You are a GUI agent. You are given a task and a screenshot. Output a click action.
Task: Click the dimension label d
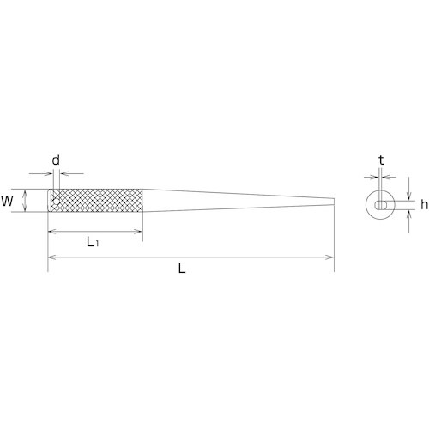point(56,160)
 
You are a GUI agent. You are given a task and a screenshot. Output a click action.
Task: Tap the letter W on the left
point(7,202)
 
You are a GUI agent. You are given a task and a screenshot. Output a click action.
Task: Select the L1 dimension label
point(93,242)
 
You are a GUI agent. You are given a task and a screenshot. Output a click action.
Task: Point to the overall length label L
point(182,269)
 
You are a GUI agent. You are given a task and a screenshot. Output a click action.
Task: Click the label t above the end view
point(381,160)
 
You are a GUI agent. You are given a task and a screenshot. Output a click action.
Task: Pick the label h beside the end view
point(424,204)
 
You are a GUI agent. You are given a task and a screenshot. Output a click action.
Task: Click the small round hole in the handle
point(57,202)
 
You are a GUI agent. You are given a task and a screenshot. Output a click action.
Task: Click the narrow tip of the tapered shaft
point(334,202)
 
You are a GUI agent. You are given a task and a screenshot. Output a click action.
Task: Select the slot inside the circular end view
point(381,205)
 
